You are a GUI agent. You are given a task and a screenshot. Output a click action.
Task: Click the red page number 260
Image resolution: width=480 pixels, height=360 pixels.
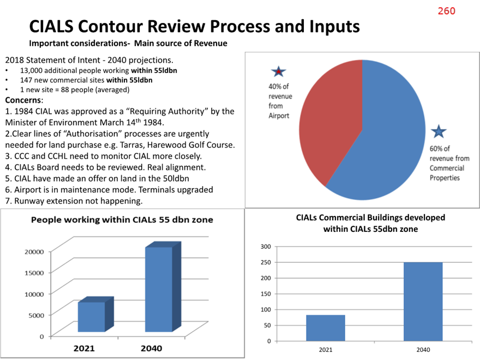(446, 11)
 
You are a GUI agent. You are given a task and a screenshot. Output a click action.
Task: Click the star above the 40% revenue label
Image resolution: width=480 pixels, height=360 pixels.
(279, 71)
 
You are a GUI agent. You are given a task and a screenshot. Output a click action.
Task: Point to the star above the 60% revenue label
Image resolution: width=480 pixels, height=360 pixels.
(439, 131)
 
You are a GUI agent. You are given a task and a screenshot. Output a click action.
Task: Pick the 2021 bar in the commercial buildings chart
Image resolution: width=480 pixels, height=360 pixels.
(326, 328)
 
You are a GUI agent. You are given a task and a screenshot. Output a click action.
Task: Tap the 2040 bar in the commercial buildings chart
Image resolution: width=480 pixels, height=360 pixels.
(423, 302)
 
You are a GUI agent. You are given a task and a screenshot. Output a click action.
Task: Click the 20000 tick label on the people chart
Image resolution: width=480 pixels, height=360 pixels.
(34, 251)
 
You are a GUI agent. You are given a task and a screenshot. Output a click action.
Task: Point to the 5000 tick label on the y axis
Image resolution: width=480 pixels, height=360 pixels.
(37, 315)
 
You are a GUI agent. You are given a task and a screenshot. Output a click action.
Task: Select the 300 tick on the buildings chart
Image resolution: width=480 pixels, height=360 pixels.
(266, 247)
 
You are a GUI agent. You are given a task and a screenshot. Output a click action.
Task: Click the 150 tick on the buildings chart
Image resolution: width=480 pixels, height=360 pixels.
(266, 293)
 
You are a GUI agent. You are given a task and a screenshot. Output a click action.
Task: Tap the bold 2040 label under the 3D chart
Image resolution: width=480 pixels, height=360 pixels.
(151, 349)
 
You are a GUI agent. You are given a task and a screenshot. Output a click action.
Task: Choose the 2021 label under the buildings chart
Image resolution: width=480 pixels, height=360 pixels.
(326, 350)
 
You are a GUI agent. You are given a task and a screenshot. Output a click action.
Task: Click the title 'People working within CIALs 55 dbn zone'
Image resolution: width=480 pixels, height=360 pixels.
(122, 220)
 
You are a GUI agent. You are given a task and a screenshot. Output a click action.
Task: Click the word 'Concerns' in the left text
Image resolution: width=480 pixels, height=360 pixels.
(23, 100)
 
